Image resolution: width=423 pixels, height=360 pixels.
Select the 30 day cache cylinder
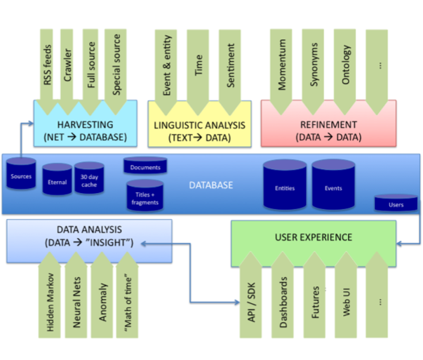pyautogui.click(x=90, y=180)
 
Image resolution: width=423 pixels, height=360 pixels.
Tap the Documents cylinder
pyautogui.click(x=145, y=167)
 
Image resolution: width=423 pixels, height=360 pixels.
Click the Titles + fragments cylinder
pyautogui.click(x=145, y=194)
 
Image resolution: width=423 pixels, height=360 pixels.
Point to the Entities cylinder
pyautogui.click(x=285, y=187)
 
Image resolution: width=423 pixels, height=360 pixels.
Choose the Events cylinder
pyautogui.click(x=333, y=187)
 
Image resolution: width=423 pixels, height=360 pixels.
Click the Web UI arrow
pyautogui.click(x=346, y=298)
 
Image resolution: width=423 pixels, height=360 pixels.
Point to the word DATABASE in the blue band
pyautogui.click(x=211, y=185)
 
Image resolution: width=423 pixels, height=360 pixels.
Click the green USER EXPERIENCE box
pyautogui.click(x=322, y=236)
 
